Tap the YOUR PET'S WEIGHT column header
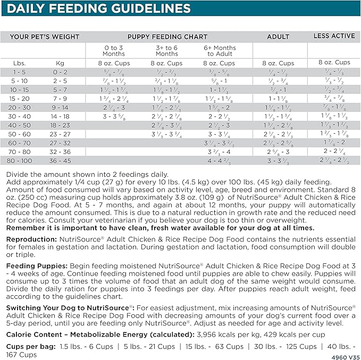45,37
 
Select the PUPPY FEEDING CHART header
167,37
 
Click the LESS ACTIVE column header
334,36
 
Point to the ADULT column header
279,37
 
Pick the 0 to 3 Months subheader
114,50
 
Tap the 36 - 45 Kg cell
60,160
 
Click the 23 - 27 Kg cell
60,134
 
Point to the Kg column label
60,63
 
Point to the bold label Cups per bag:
30,346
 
